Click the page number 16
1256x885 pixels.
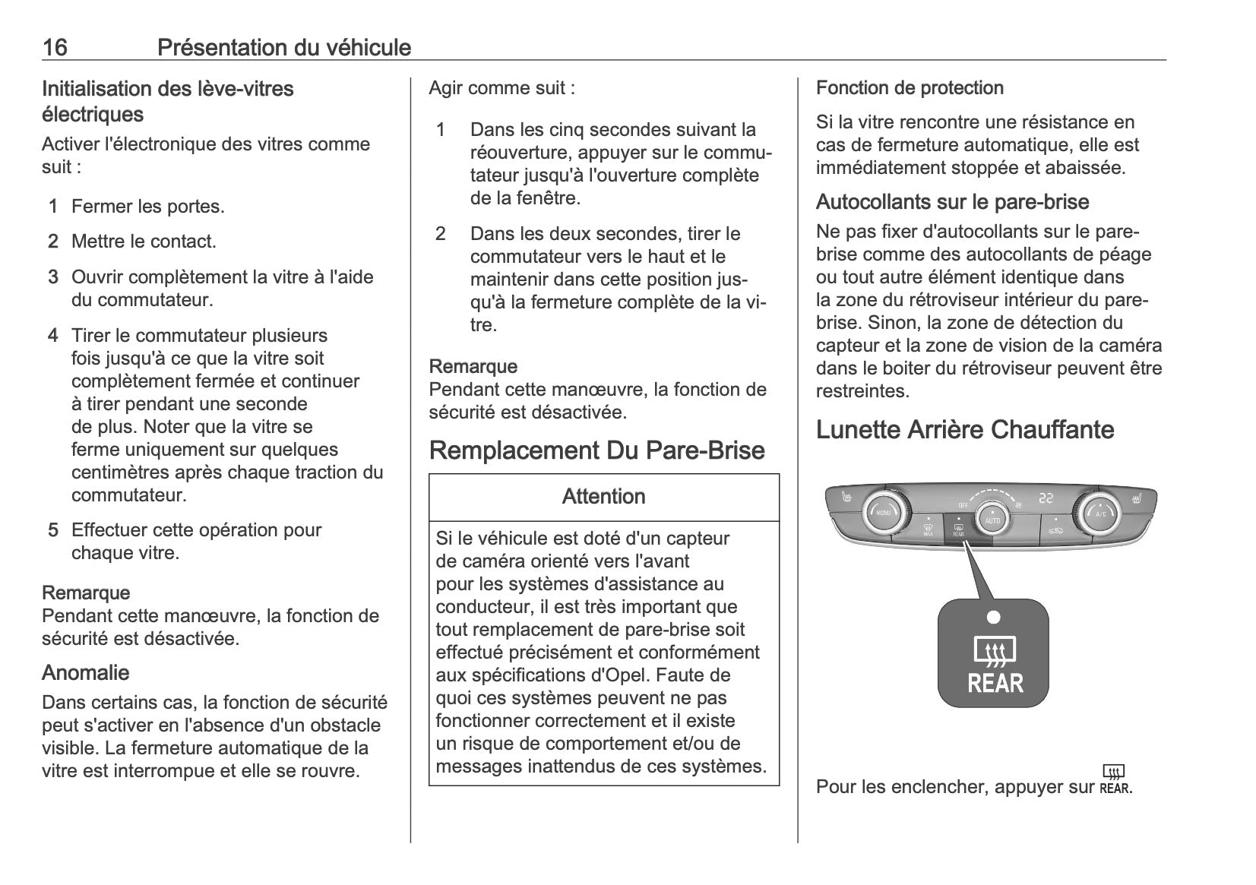coord(55,48)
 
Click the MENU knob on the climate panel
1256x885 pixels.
coord(884,513)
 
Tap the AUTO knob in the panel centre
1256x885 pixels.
coord(992,518)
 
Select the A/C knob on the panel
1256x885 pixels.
coord(1099,513)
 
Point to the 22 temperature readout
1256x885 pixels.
coord(1047,498)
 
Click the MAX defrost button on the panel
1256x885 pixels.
coord(928,528)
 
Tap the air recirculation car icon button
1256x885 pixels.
coord(1056,528)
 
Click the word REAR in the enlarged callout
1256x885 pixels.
coord(995,684)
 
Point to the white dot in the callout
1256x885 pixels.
coord(994,617)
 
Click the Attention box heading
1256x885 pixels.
coord(603,497)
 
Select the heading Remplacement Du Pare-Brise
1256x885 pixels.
coord(596,450)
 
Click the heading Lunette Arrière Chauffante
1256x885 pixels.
coord(964,430)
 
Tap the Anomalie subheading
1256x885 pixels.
coord(85,673)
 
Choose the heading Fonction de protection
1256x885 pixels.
coord(910,88)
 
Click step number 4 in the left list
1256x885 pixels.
coord(52,336)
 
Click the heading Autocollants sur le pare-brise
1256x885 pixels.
coord(952,202)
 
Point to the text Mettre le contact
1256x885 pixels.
coord(144,242)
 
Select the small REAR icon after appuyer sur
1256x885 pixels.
coord(1115,779)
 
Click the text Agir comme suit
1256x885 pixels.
coord(501,88)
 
